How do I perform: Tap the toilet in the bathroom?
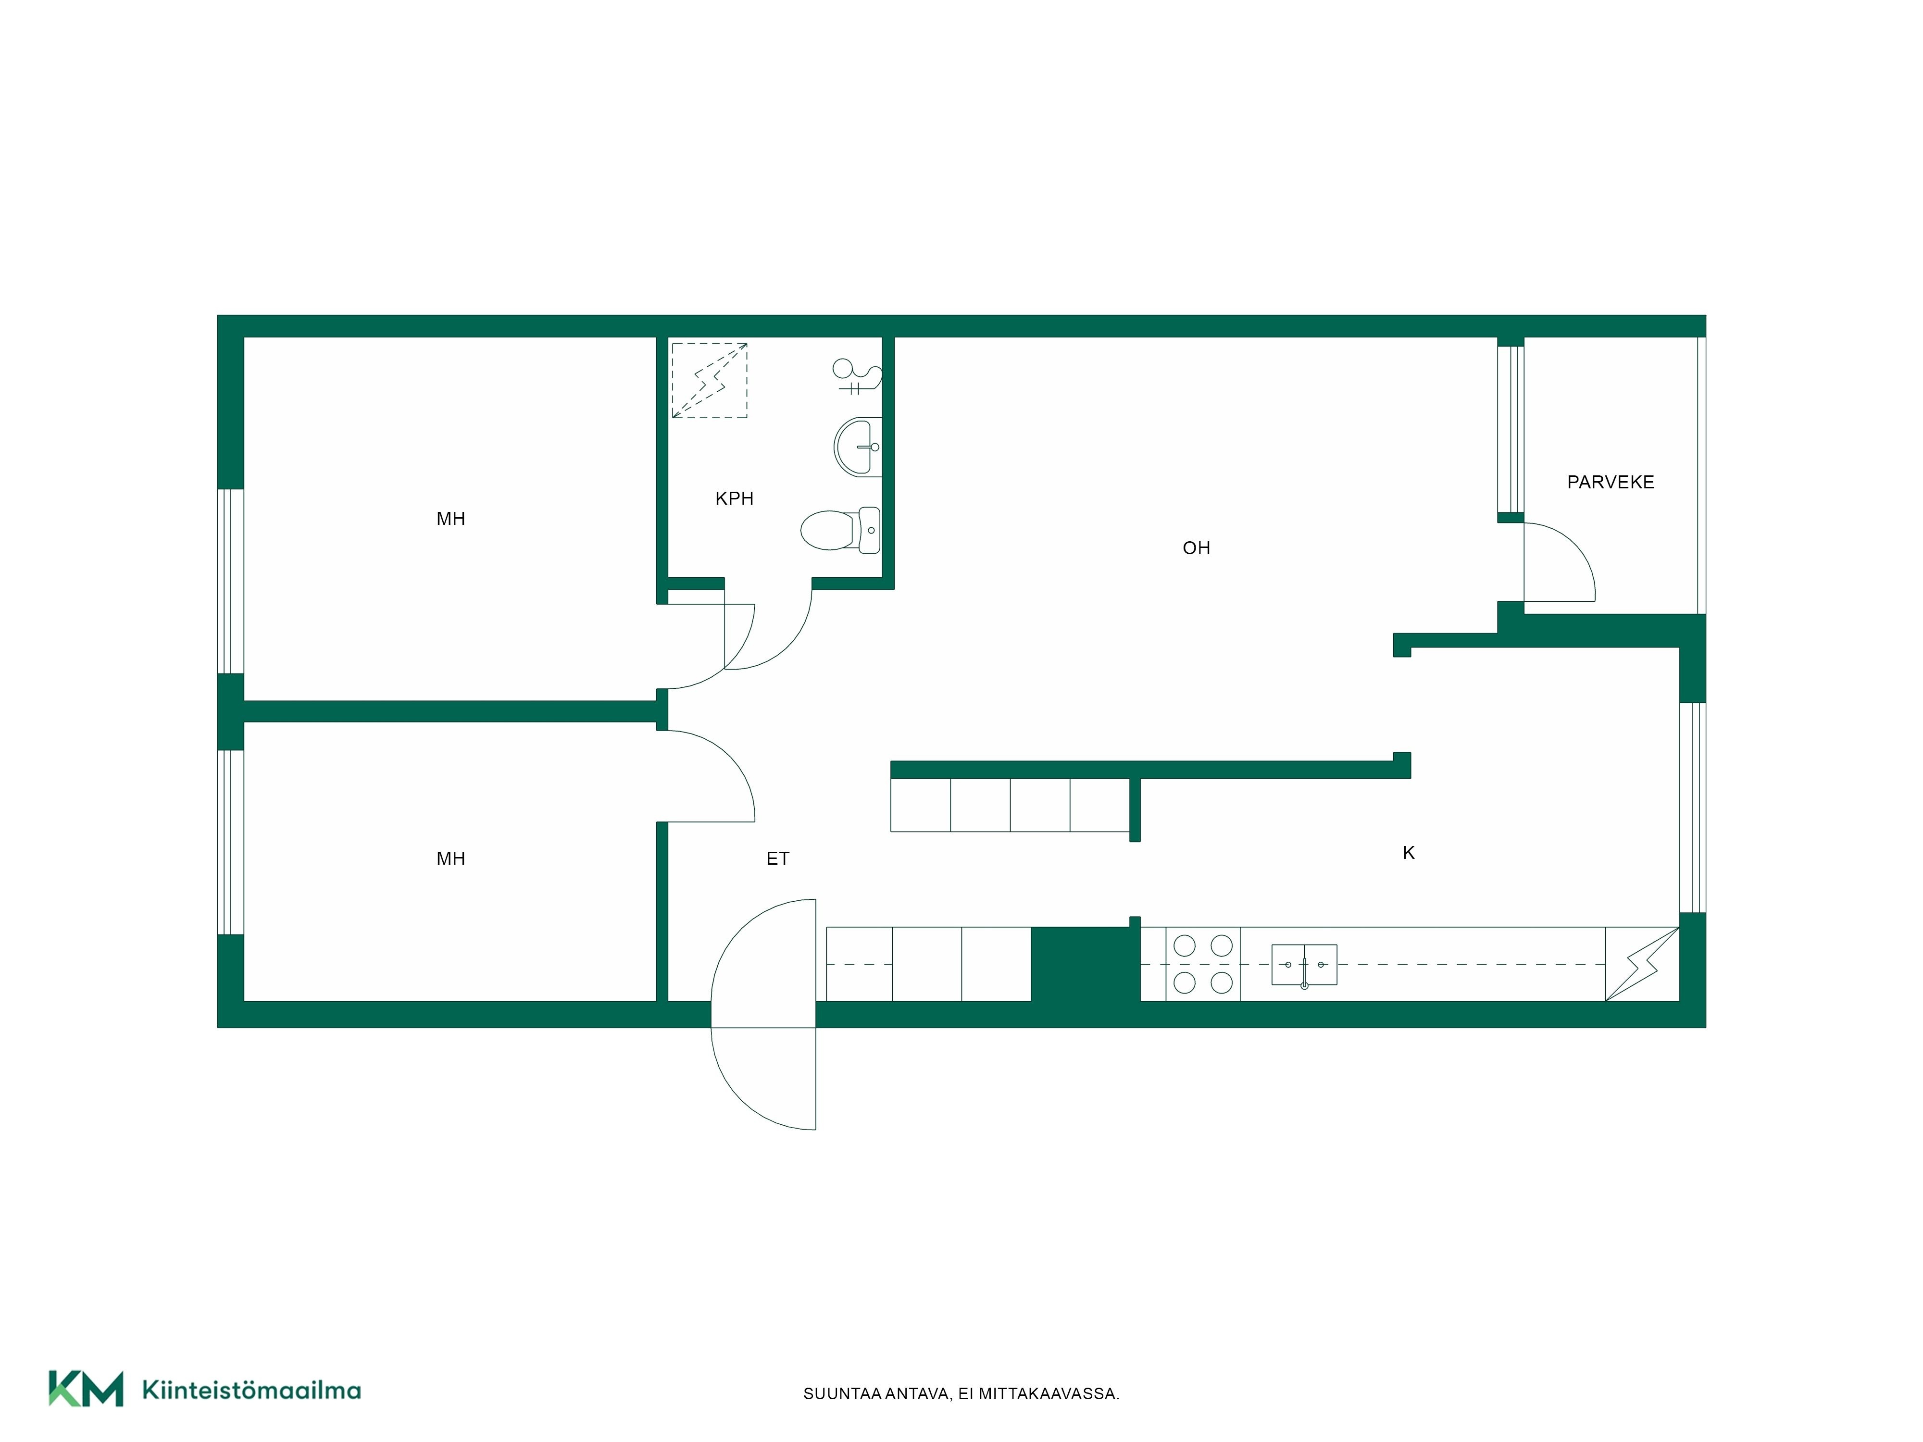(x=840, y=530)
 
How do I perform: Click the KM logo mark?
(x=85, y=1388)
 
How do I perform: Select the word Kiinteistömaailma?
(x=251, y=1390)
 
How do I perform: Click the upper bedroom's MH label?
(x=450, y=519)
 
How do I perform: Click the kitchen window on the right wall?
(x=1692, y=808)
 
